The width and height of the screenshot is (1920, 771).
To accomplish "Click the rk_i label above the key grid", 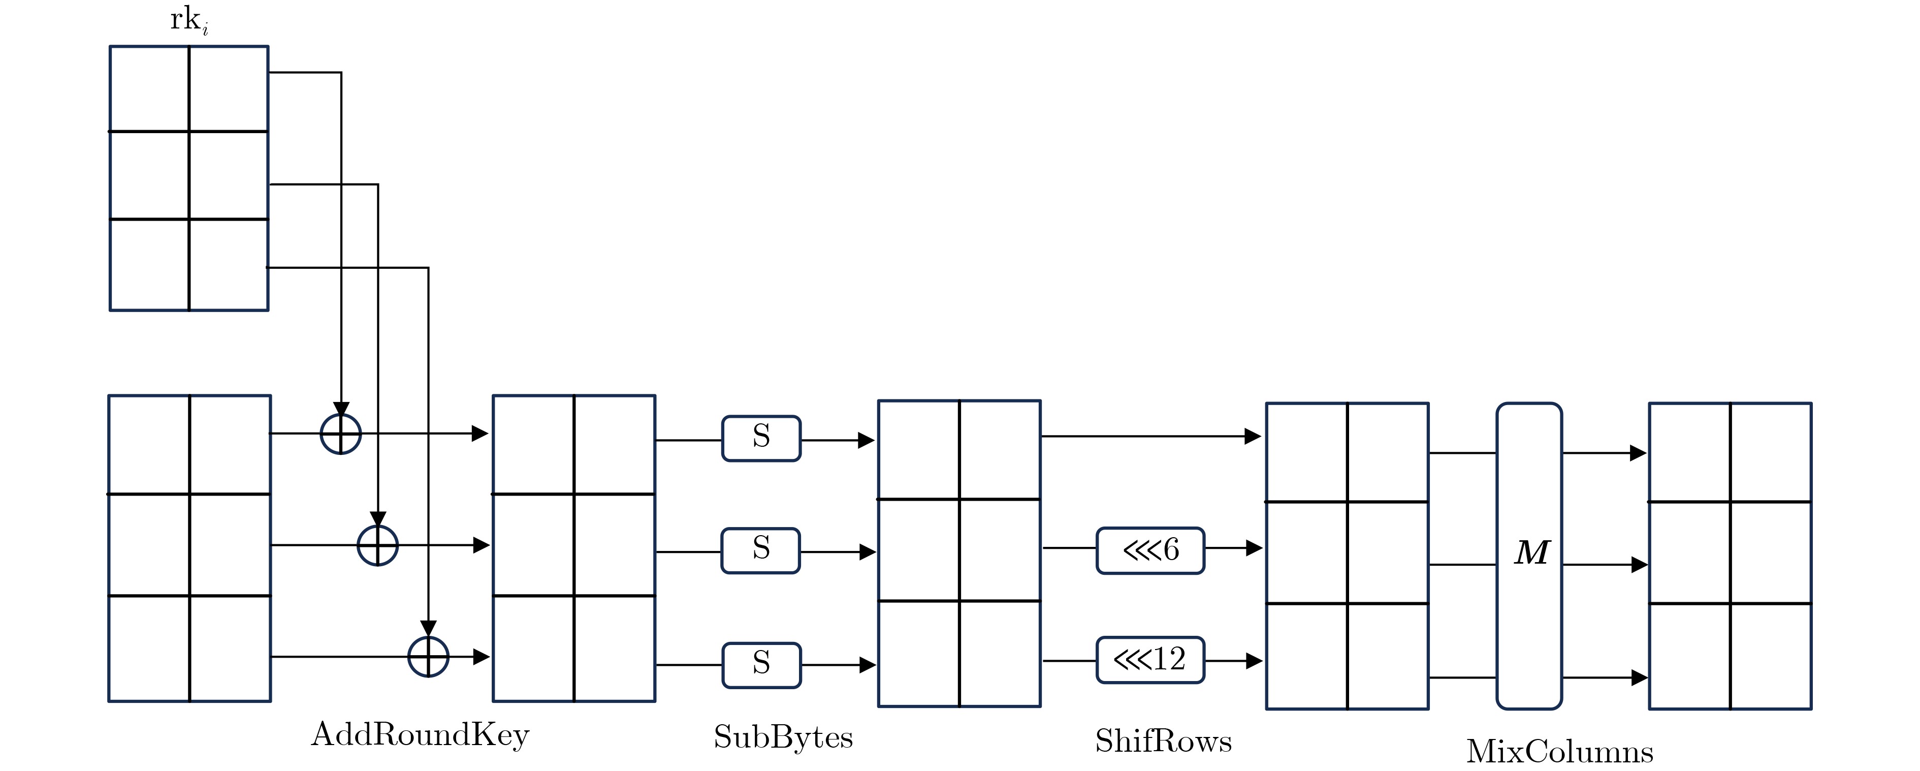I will click(x=188, y=20).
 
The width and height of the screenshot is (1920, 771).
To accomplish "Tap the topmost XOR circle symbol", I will click(x=341, y=433).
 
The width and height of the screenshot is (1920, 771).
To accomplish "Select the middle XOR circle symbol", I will click(x=378, y=545).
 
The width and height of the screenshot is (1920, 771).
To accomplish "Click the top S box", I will click(x=761, y=439).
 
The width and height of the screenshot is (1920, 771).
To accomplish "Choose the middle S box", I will click(x=760, y=550).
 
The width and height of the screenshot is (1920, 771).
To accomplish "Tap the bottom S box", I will click(x=761, y=664).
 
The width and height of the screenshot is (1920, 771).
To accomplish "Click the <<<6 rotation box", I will click(x=1150, y=550).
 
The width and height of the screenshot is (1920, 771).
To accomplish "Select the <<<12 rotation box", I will click(x=1150, y=660).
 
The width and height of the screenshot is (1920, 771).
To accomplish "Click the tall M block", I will click(x=1529, y=556).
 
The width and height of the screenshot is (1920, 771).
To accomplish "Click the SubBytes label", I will click(x=783, y=737).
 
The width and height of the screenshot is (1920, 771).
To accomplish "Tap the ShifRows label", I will click(x=1163, y=741).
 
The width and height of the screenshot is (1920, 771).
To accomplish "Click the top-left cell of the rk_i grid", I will click(x=149, y=89).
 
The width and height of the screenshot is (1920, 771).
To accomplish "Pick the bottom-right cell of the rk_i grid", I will click(x=228, y=265).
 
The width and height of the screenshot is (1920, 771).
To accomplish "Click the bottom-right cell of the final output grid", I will click(x=1771, y=656).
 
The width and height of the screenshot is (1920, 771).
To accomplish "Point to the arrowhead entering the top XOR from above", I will click(x=341, y=410).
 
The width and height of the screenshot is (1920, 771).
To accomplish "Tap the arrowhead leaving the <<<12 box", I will click(x=1254, y=661).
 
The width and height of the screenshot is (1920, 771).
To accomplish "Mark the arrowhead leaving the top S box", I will click(x=866, y=440).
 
